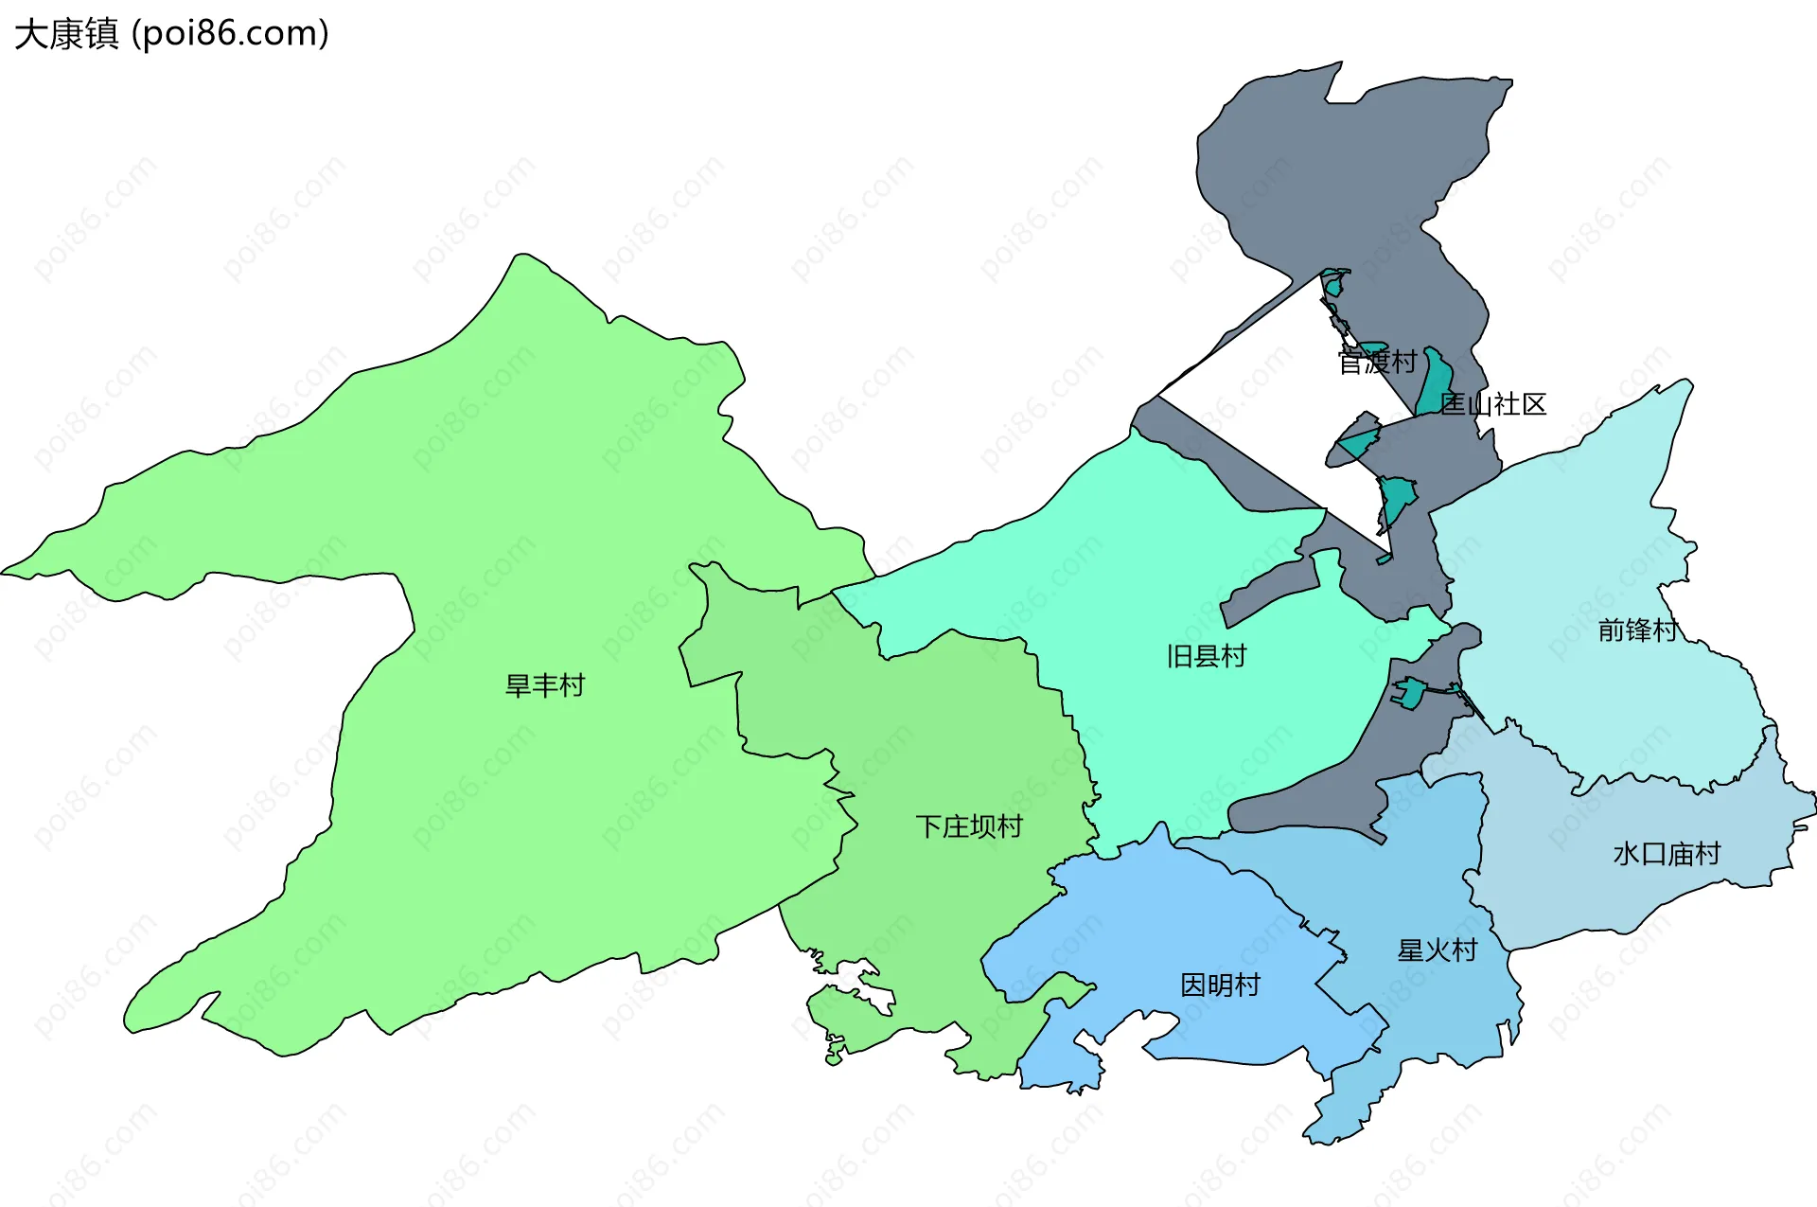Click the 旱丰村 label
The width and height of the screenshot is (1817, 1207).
tap(545, 685)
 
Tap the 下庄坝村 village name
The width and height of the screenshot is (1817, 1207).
tap(969, 827)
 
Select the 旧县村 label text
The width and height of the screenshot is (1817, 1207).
tap(1207, 656)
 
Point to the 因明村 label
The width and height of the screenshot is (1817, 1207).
tap(1220, 985)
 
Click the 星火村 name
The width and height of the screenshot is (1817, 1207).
tap(1438, 950)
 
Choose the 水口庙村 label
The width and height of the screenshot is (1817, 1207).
tap(1667, 854)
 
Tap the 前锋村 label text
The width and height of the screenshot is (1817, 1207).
tap(1638, 630)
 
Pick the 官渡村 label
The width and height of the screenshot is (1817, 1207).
tap(1377, 362)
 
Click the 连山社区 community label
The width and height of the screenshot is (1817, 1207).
tap(1493, 404)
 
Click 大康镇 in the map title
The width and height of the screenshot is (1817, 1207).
tap(66, 34)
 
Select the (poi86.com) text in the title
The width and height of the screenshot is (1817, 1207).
tap(231, 34)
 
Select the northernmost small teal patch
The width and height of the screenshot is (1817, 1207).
tap(1334, 281)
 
